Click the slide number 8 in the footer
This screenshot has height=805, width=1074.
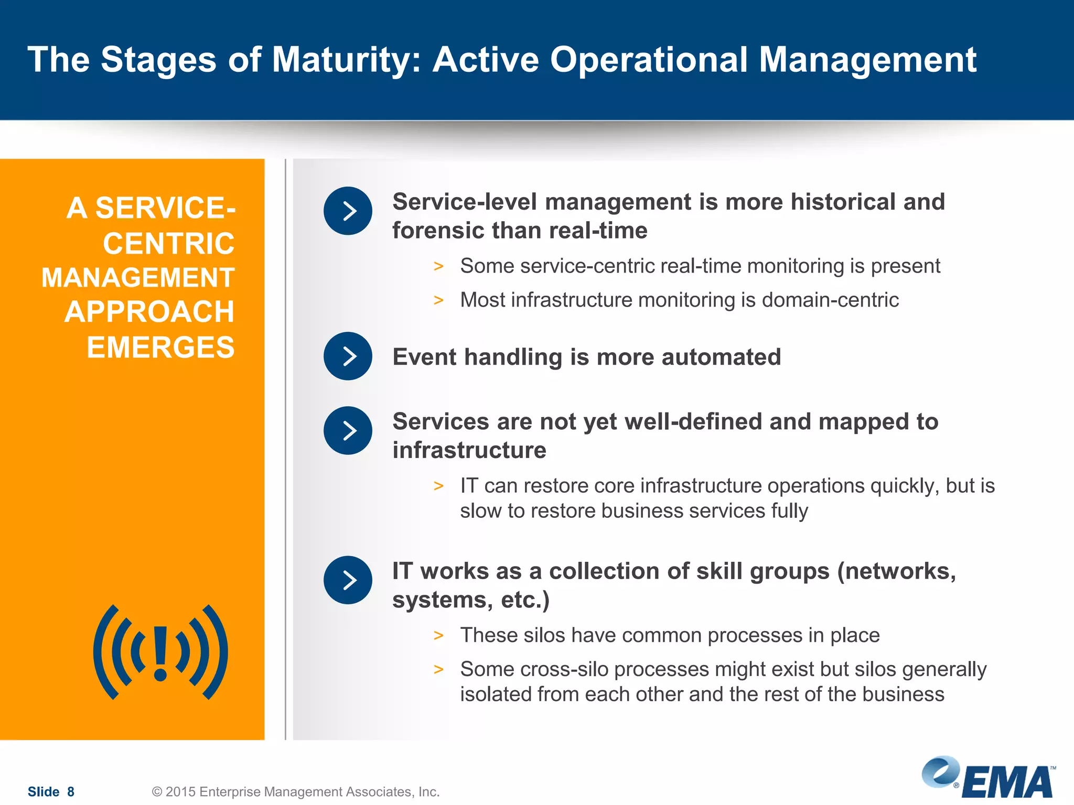click(x=71, y=791)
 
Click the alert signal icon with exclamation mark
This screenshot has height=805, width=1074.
click(x=160, y=652)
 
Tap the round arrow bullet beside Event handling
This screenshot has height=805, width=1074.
click(x=348, y=356)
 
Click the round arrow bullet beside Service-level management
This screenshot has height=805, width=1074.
click(x=348, y=211)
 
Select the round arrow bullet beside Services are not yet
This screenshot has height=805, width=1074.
click(x=348, y=431)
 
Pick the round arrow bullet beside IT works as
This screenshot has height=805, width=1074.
click(x=348, y=580)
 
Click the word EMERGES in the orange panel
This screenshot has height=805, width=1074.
click(x=160, y=347)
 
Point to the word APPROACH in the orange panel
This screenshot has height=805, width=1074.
click(x=149, y=312)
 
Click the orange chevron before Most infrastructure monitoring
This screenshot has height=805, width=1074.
click(x=438, y=300)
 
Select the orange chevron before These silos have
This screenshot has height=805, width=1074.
click(x=438, y=636)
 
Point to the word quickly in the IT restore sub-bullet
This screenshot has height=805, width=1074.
click(x=905, y=486)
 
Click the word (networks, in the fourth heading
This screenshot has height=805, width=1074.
click(x=897, y=571)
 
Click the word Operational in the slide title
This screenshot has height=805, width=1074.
click(x=649, y=60)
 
